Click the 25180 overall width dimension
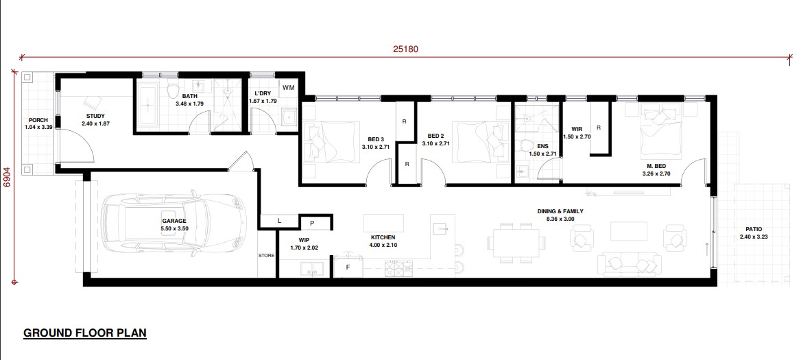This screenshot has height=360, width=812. click(x=405, y=49)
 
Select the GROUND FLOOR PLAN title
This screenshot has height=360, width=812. click(x=85, y=333)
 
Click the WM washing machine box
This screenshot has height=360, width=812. click(x=289, y=88)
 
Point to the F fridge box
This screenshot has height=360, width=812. click(x=348, y=267)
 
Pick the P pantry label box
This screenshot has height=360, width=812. click(x=312, y=224)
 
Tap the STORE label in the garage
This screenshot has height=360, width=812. click(x=266, y=255)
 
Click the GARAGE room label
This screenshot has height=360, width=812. click(x=174, y=221)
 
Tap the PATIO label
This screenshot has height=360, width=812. click(x=754, y=229)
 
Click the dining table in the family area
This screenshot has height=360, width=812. click(x=516, y=243)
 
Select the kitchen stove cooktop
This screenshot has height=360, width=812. click(x=398, y=268)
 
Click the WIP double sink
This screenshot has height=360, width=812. click(x=312, y=269)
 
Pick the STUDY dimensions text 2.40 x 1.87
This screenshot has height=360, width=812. click(x=96, y=124)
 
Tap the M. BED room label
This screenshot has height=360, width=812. click(x=656, y=166)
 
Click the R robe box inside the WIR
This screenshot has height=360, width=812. click(x=599, y=128)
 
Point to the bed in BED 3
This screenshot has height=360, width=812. click(x=331, y=141)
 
